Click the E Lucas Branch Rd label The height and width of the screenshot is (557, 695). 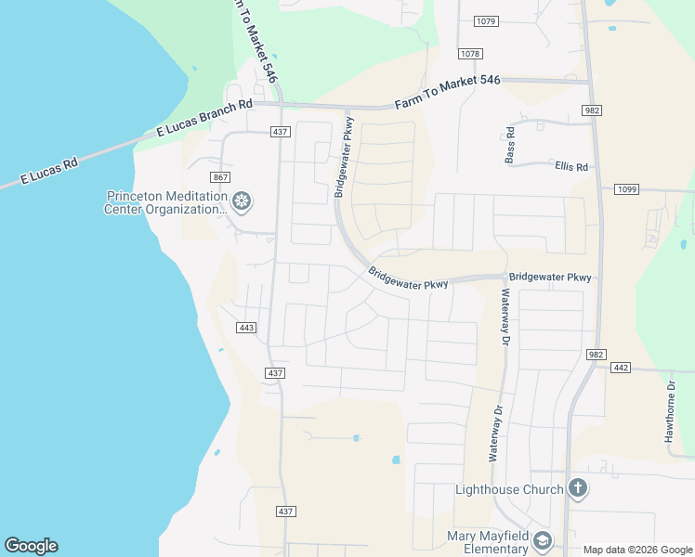click(203, 120)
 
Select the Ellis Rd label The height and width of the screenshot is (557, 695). click(571, 167)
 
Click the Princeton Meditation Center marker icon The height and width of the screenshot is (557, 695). click(242, 201)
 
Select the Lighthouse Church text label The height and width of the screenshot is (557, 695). click(509, 489)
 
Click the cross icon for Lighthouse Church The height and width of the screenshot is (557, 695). click(577, 488)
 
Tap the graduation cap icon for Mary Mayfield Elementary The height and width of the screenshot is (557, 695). click(543, 540)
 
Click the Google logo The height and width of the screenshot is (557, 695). click(31, 546)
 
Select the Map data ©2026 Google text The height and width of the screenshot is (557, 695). click(638, 550)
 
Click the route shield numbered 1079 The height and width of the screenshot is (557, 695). click(485, 21)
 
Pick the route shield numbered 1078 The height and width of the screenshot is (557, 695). click(470, 54)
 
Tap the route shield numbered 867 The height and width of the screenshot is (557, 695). click(220, 177)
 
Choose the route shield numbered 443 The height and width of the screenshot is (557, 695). click(246, 328)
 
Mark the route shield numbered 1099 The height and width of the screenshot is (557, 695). click(627, 189)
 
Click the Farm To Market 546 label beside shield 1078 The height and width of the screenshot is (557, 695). click(447, 93)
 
